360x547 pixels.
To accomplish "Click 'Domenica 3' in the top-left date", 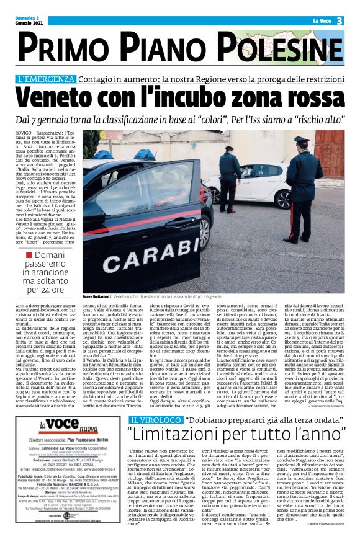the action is [26, 18].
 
